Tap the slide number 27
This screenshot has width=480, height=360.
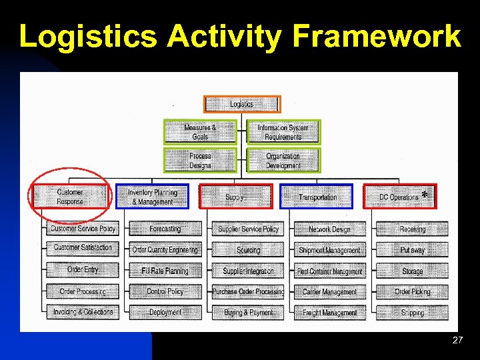pyautogui.click(x=457, y=340)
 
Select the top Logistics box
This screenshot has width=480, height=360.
pyautogui.click(x=242, y=104)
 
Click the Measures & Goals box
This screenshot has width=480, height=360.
pyautogui.click(x=200, y=132)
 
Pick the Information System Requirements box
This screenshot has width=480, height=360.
pyautogui.click(x=283, y=132)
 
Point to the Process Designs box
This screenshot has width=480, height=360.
pyautogui.click(x=200, y=161)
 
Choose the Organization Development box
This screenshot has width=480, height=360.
pyautogui.click(x=283, y=161)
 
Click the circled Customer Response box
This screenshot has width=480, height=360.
pyautogui.click(x=70, y=197)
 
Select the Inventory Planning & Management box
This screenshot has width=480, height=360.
pyautogui.click(x=152, y=197)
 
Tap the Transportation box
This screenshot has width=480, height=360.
pyautogui.click(x=317, y=197)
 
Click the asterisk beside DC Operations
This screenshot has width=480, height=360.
pyautogui.click(x=425, y=195)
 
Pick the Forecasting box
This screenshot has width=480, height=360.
pyautogui.click(x=165, y=229)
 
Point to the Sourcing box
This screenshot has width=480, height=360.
pyautogui.click(x=248, y=250)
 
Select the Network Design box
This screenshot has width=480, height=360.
pyautogui.click(x=329, y=229)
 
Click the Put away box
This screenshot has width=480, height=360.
pyautogui.click(x=412, y=250)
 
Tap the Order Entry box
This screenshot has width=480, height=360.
pyautogui.click(x=83, y=270)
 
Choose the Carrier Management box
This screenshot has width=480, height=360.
pyautogui.click(x=329, y=291)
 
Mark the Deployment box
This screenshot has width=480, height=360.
pyautogui.click(x=165, y=312)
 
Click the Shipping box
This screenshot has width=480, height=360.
pyautogui.click(x=412, y=312)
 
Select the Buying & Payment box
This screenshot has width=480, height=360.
pyautogui.click(x=248, y=312)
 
